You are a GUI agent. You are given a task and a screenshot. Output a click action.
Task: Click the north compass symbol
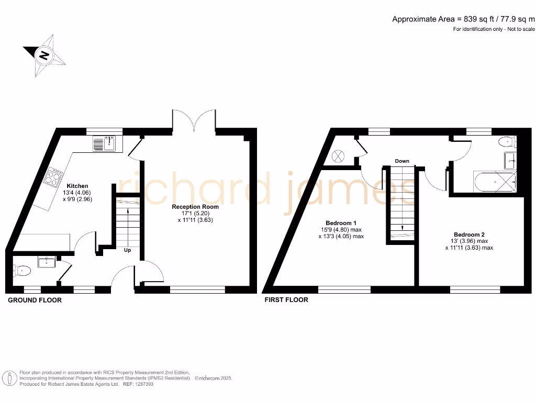(x=44, y=54)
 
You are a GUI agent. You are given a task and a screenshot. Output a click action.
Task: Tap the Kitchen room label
(x=77, y=186)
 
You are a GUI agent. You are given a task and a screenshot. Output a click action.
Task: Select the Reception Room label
(x=195, y=207)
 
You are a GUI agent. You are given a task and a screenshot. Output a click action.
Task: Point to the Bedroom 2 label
(x=469, y=234)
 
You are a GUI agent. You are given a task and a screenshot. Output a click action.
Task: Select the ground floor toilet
(x=23, y=270)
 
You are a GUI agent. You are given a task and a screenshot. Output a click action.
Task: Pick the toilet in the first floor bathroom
(x=507, y=141)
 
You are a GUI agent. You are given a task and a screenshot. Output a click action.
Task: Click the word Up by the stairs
(x=127, y=250)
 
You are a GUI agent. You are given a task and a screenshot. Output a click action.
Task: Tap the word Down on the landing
(x=402, y=161)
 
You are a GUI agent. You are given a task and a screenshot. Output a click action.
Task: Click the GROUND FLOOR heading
(x=35, y=300)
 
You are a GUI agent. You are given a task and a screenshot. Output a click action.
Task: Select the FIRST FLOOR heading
(x=286, y=300)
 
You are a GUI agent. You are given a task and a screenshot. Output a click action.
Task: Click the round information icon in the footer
(x=9, y=378)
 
